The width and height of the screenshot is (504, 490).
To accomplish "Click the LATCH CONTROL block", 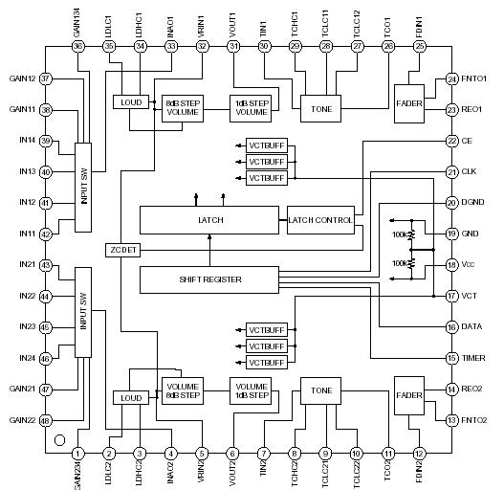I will (x=319, y=220).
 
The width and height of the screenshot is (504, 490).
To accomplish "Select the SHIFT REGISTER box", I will (x=208, y=279).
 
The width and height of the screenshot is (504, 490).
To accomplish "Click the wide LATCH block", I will (x=211, y=220).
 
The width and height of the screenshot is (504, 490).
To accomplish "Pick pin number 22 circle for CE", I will (x=451, y=141).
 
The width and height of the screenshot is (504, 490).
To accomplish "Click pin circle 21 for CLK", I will (x=451, y=172).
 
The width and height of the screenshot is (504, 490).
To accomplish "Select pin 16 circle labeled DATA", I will (x=451, y=327).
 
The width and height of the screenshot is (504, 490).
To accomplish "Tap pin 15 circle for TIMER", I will (x=451, y=358).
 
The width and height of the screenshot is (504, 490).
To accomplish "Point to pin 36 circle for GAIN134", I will (x=77, y=46).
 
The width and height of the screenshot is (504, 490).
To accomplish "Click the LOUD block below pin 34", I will (x=128, y=101).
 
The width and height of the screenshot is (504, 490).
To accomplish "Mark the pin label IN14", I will (x=21, y=141).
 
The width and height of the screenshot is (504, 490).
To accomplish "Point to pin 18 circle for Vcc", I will (x=451, y=265).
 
